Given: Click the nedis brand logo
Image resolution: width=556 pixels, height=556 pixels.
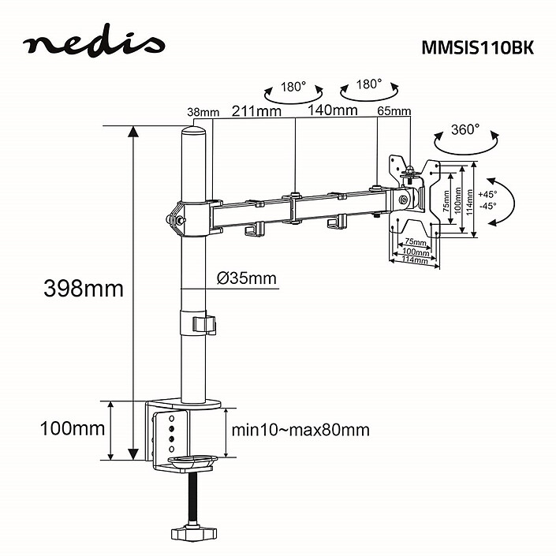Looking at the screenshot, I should coord(94,46).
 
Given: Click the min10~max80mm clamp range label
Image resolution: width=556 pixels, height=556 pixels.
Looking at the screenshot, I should coord(300,430).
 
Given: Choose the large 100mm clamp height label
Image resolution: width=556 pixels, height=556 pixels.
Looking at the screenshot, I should coord(73,430).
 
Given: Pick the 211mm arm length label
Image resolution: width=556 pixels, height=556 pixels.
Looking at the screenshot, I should coord(256,110).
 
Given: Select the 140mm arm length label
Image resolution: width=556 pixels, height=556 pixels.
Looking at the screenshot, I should coord(333,110).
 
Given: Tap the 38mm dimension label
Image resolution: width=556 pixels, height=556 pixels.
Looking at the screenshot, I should coord(203,112).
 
